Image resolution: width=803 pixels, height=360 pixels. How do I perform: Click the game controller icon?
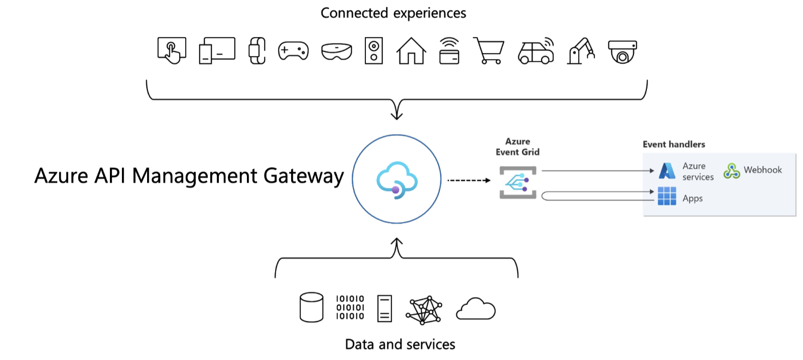pos(294,51)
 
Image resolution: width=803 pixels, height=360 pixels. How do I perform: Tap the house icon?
pos(411,51)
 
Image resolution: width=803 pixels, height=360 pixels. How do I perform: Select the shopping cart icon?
pos(489,51)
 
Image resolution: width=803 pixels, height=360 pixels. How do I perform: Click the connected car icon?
pos(536,51)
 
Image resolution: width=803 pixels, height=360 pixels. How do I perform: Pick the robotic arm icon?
pos(581,51)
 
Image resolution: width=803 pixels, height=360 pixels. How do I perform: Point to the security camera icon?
pos(622,52)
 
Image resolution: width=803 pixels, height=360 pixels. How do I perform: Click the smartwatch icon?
pos(257,51)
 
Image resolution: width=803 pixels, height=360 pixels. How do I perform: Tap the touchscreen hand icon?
pos(172,51)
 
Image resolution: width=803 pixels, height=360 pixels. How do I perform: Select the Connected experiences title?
pos(393,13)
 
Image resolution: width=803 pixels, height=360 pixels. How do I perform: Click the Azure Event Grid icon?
pos(518,183)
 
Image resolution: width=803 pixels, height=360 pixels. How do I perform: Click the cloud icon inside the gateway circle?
pos(397,180)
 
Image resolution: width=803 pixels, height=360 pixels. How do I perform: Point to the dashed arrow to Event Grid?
pos(468,180)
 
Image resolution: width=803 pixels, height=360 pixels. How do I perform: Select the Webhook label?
pos(762,170)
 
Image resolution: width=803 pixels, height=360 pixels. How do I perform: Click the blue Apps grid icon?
pos(667,196)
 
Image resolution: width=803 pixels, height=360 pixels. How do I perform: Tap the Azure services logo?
pos(667,171)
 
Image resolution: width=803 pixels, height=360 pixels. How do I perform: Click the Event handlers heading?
pos(674,145)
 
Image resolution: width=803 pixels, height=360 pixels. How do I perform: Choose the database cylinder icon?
pos(311,307)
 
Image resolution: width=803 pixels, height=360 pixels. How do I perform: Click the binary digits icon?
pos(350,307)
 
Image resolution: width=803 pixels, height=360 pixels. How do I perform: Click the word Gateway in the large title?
pos(304,176)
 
